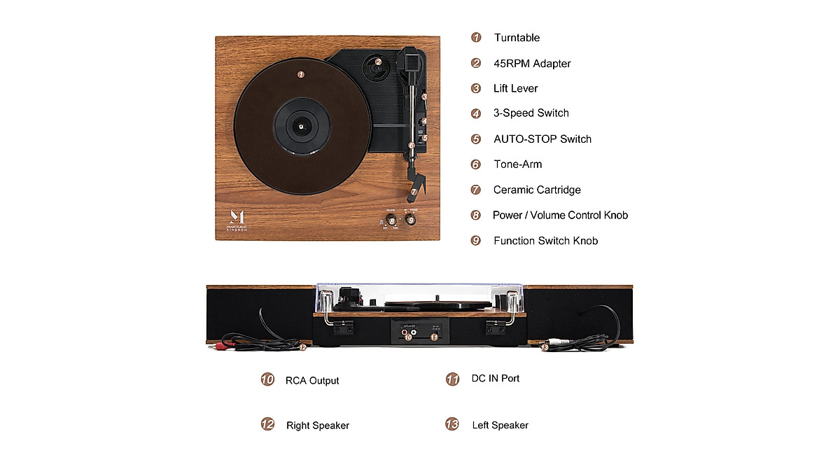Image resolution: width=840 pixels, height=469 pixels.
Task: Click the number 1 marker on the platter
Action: click(x=300, y=73)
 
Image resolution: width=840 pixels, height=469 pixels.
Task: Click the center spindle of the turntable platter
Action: click(x=301, y=127)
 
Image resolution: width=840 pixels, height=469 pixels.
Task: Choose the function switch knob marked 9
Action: click(x=412, y=220)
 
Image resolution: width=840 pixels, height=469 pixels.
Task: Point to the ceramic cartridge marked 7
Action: click(x=413, y=191)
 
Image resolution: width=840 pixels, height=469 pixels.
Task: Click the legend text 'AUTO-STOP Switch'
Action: click(x=542, y=139)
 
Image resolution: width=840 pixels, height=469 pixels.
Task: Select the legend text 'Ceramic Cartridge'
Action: click(x=536, y=190)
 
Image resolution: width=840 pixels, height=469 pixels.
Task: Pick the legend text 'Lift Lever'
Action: click(x=515, y=88)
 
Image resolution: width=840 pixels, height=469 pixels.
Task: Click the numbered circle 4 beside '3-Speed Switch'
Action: click(x=476, y=113)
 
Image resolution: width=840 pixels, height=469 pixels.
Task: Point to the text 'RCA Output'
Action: click(x=311, y=381)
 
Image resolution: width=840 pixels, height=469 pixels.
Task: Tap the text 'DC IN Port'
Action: click(x=495, y=378)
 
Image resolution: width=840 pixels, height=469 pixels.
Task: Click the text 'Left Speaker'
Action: click(x=500, y=425)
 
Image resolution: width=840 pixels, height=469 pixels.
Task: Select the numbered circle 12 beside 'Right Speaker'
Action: click(x=267, y=424)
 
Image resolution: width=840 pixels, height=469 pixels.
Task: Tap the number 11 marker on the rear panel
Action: click(x=434, y=337)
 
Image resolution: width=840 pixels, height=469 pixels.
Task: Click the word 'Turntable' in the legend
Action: click(x=517, y=38)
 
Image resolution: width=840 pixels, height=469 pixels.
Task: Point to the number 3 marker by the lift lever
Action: click(x=424, y=97)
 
